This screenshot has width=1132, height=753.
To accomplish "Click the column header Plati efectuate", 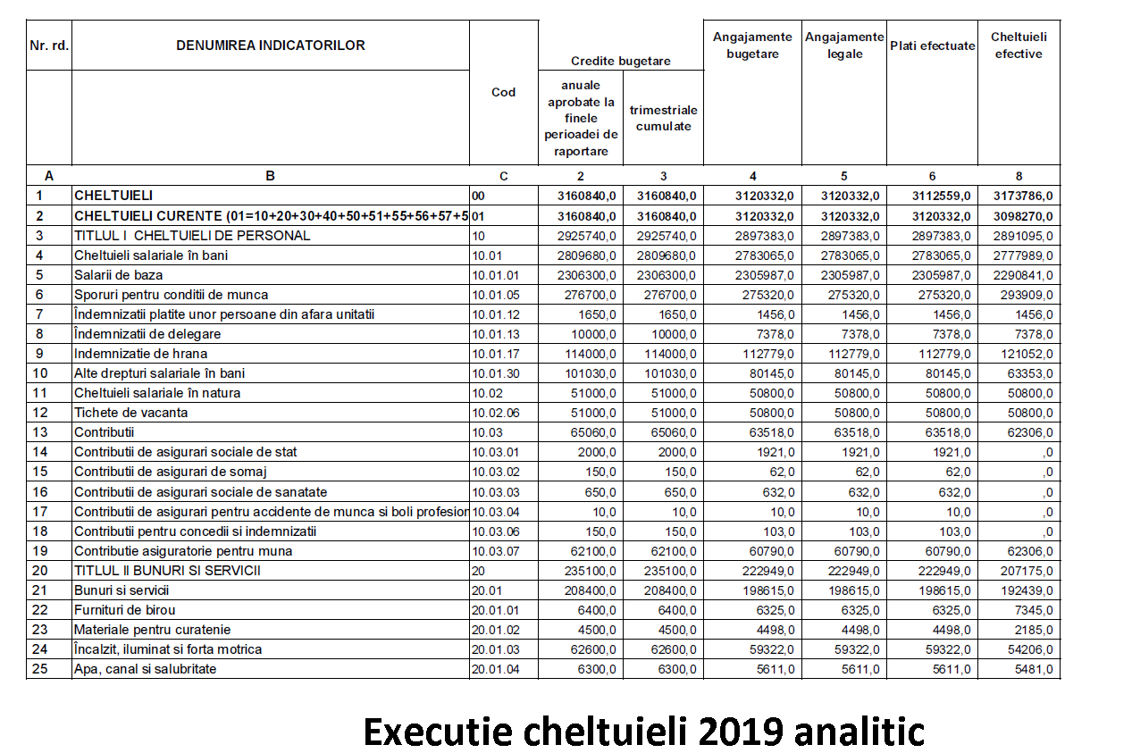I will pos(932,46).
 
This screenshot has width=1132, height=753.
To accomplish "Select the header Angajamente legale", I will pos(844,46).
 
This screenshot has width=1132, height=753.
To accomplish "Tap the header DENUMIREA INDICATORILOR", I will pos(271,46).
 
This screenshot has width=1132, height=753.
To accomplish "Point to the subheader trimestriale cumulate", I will pos(663,118).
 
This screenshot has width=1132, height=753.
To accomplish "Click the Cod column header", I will pos(504,92).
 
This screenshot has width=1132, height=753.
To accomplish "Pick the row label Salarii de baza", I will pos(119,275).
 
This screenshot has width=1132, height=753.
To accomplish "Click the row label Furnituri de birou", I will pos(124,610).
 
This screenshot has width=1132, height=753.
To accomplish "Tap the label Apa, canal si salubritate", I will pos(145,669).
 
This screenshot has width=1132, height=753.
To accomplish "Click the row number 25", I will pos(39,669).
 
